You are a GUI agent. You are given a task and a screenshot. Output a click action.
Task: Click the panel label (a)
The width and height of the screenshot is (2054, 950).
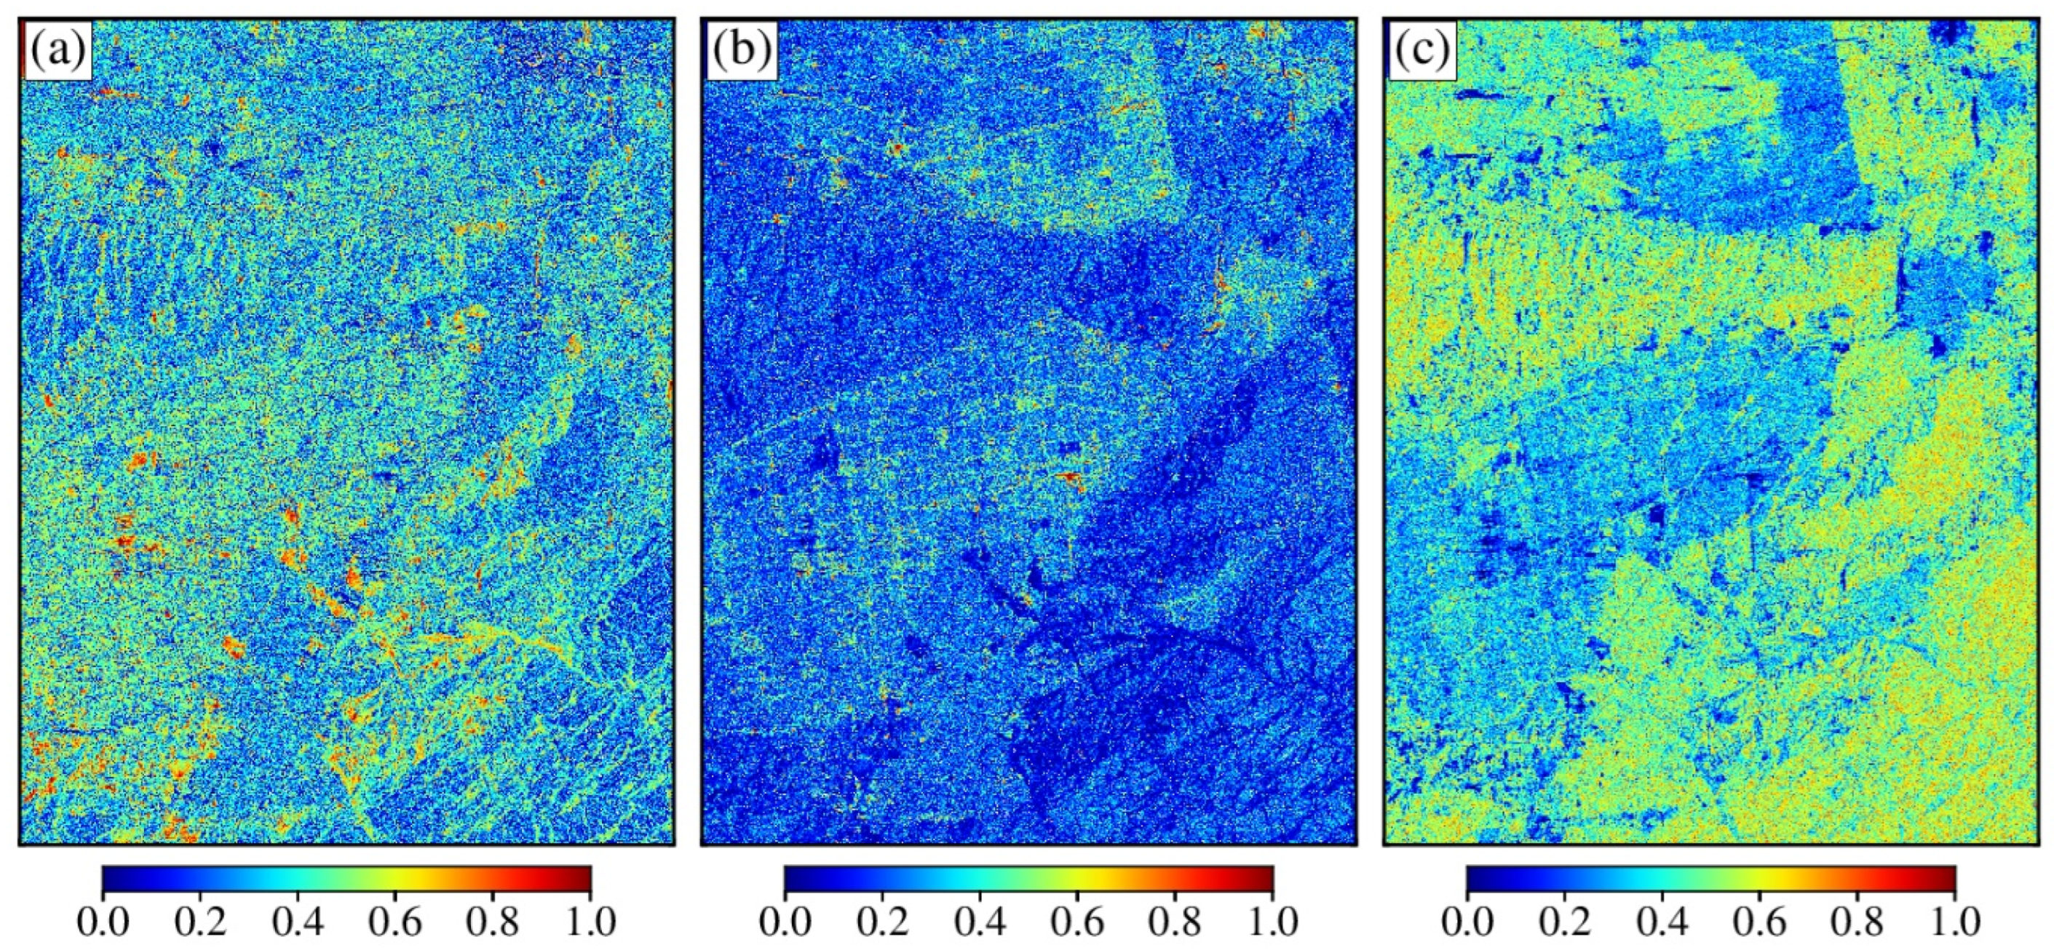pos(57,51)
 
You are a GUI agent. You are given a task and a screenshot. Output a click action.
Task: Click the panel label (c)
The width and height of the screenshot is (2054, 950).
pos(1422,51)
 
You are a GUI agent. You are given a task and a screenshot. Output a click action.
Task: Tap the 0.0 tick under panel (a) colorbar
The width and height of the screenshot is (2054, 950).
pos(103,923)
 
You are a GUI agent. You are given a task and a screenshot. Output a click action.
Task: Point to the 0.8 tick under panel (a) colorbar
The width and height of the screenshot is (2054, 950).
pos(493,923)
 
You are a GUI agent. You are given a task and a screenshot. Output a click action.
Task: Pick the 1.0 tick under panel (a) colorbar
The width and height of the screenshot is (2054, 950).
pos(590,923)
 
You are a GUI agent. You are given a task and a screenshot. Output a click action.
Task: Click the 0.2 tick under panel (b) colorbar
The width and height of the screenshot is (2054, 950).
pos(883,923)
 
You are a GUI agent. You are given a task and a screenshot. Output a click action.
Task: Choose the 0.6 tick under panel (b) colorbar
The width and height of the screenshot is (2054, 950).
pos(1078,923)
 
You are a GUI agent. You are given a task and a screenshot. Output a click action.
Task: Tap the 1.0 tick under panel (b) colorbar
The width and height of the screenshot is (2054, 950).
pos(1272,923)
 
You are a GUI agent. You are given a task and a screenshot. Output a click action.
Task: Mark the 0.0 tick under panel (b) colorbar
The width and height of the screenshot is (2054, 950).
pos(785,923)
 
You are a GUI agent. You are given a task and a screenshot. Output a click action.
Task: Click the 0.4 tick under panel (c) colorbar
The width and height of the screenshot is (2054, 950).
pos(1662,923)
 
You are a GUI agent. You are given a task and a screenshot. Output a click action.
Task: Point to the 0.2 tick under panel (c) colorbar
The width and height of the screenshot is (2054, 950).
pos(1564,923)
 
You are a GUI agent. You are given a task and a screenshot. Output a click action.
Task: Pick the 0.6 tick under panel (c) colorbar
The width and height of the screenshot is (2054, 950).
pos(1760,923)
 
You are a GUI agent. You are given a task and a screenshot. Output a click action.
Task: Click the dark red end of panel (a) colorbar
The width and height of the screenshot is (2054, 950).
pos(584,878)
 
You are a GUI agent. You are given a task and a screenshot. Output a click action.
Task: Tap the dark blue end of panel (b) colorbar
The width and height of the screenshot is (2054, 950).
pos(791,878)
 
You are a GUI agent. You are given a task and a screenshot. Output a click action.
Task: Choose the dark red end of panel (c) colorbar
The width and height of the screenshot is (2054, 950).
pos(1948,878)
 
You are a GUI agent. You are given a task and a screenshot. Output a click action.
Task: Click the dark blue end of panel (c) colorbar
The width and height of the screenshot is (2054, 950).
pos(1472,878)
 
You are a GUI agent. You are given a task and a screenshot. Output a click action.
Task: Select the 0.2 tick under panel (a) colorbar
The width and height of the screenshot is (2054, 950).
pos(200,923)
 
